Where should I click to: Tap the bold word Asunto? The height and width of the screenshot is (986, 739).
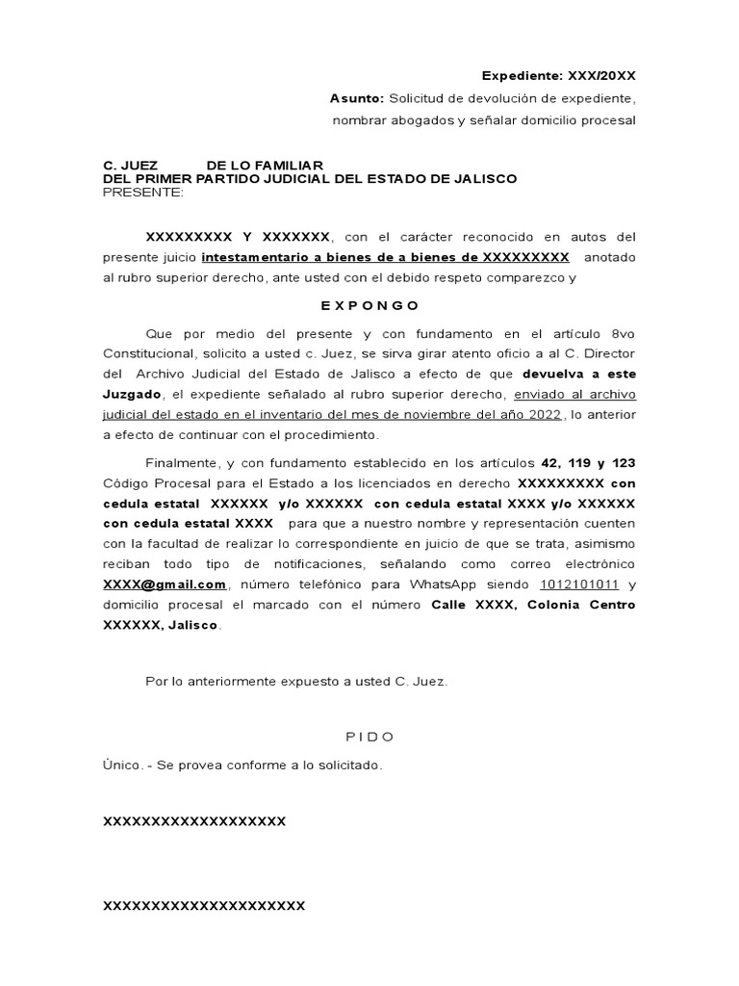point(356,98)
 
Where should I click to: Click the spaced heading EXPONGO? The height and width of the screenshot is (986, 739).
point(369,305)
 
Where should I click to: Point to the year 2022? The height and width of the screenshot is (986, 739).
point(541,414)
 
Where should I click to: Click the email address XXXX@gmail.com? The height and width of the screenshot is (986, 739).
point(165,584)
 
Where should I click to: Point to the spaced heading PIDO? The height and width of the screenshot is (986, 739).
point(369,737)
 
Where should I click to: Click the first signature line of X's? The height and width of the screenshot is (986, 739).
point(194,821)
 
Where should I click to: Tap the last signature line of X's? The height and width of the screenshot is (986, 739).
point(204,905)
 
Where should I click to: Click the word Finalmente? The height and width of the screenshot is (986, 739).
point(182,462)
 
